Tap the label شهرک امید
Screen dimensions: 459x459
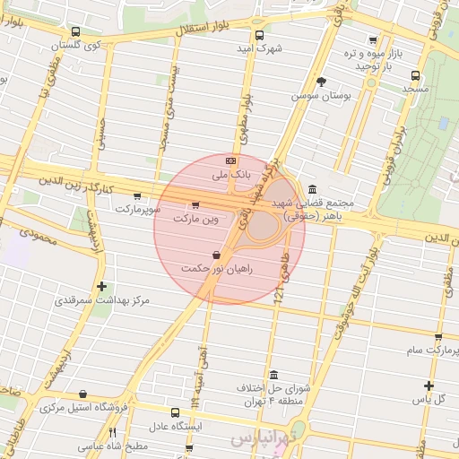[x=261, y=48]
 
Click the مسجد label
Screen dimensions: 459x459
[x=415, y=89]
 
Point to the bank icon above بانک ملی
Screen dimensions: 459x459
[x=230, y=160]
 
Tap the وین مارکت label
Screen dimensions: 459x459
[x=196, y=218]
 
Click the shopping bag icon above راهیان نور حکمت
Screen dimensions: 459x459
[x=217, y=255]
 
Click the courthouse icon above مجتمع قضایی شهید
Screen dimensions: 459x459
[x=311, y=189]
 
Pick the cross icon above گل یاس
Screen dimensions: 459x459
[x=429, y=385]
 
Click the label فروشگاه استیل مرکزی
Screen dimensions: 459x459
[x=85, y=407]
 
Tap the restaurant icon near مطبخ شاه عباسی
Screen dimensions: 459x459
[x=112, y=432]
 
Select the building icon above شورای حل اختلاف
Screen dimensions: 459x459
[x=273, y=375]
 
